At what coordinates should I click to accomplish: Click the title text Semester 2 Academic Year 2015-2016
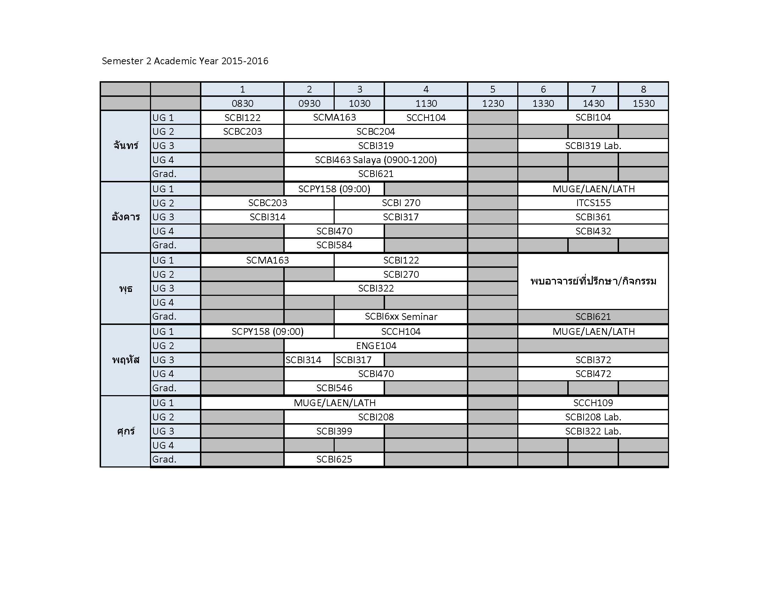coord(185,61)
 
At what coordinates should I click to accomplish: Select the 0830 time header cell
coord(242,104)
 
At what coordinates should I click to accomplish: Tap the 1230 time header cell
coord(492,104)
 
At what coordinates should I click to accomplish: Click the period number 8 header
coord(643,89)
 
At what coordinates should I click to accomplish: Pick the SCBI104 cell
coord(593,117)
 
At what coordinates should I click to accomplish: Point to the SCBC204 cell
coord(376,132)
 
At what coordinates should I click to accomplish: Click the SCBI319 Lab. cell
coord(593,146)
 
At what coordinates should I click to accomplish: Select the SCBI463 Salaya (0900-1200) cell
coord(376,160)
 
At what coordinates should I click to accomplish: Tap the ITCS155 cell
coord(593,203)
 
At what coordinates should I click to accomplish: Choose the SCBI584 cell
coord(334,245)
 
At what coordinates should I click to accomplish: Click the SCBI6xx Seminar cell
coord(401,317)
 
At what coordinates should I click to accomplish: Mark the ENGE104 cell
coord(376,346)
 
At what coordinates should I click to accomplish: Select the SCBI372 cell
coord(593,360)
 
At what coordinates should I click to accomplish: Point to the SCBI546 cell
coord(334,388)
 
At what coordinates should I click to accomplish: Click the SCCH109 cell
coord(593,403)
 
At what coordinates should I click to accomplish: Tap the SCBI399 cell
coord(334,432)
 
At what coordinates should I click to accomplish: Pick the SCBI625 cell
coord(334,460)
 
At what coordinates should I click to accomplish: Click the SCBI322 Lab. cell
coord(593,432)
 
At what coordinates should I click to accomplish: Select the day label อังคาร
coord(126,217)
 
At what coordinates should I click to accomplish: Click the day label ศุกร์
coord(126,432)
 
